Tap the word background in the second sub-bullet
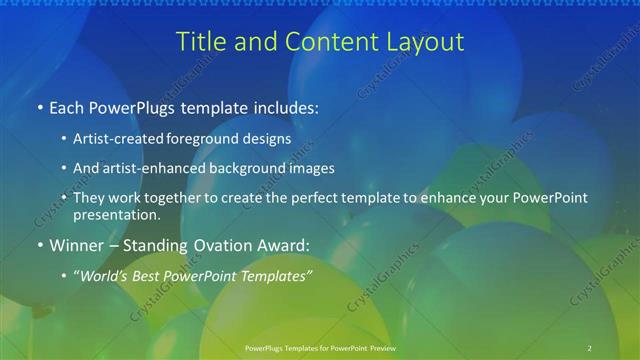click(254, 168)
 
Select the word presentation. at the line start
click(117, 215)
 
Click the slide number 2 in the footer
click(589, 347)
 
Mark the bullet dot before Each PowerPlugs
click(39, 105)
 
